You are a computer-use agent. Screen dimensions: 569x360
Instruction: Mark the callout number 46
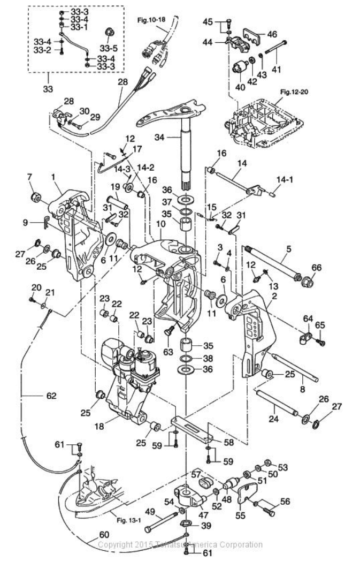click(x=272, y=34)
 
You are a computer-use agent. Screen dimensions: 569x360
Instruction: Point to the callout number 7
click(x=30, y=177)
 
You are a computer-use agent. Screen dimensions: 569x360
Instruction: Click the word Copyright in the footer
click(x=115, y=545)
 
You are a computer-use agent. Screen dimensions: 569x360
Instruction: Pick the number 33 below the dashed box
click(x=48, y=88)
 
